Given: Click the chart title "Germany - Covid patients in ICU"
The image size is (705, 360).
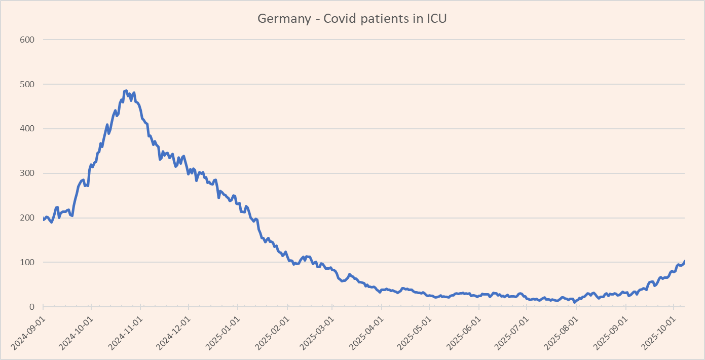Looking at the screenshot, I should click(352, 19).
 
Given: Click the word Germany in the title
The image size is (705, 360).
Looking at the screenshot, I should click(284, 19).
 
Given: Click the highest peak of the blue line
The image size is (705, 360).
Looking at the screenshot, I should click(126, 91).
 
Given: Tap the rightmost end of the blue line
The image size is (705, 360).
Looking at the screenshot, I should click(684, 261).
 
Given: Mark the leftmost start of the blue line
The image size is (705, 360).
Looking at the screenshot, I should click(44, 220).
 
